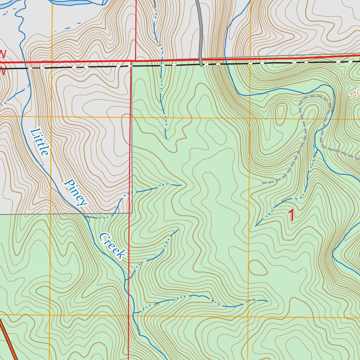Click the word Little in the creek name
click(x=39, y=142)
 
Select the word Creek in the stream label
click(x=112, y=246)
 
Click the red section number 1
click(x=291, y=215)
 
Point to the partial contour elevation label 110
click(x=355, y=94)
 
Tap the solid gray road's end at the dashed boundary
click(x=201, y=65)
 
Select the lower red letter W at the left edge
click(x=3, y=71)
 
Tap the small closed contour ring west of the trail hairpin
click(x=281, y=112)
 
